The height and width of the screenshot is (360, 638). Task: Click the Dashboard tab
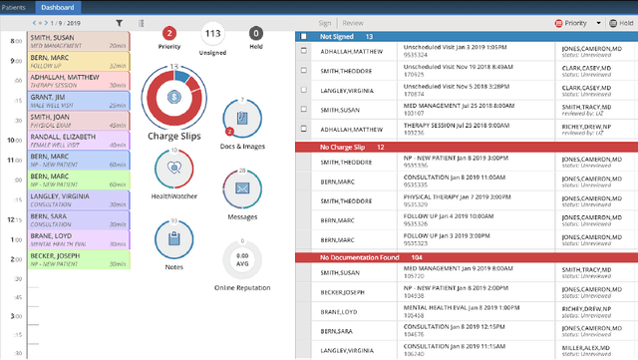pyautogui.click(x=58, y=6)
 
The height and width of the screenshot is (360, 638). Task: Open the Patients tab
pyautogui.click(x=15, y=6)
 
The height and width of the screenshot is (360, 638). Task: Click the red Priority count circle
pyautogui.click(x=169, y=33)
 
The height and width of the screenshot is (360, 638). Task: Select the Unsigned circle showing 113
pyautogui.click(x=211, y=33)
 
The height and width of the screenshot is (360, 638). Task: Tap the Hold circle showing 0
pyautogui.click(x=255, y=33)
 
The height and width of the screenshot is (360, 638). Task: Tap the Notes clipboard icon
pyautogui.click(x=174, y=238)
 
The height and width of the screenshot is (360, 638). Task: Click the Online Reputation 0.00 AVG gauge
pyautogui.click(x=240, y=258)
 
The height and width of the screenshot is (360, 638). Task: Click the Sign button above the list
pyautogui.click(x=325, y=21)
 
